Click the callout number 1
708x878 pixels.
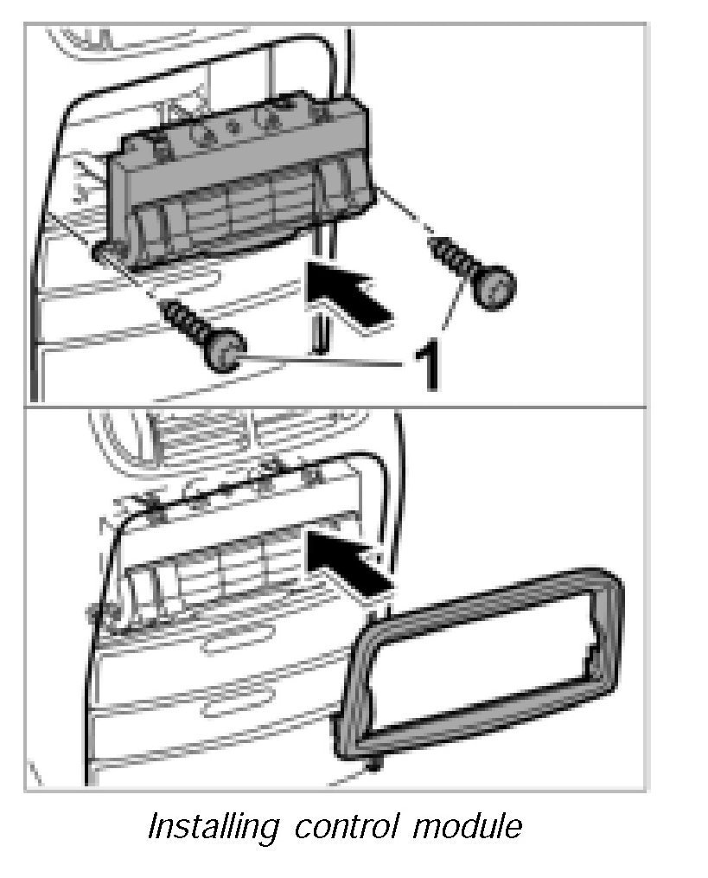425,365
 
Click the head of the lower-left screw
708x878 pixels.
224,352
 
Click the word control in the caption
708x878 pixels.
346,827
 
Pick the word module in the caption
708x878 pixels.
467,827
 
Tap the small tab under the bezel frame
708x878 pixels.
373,764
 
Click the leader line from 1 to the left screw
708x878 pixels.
320,359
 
